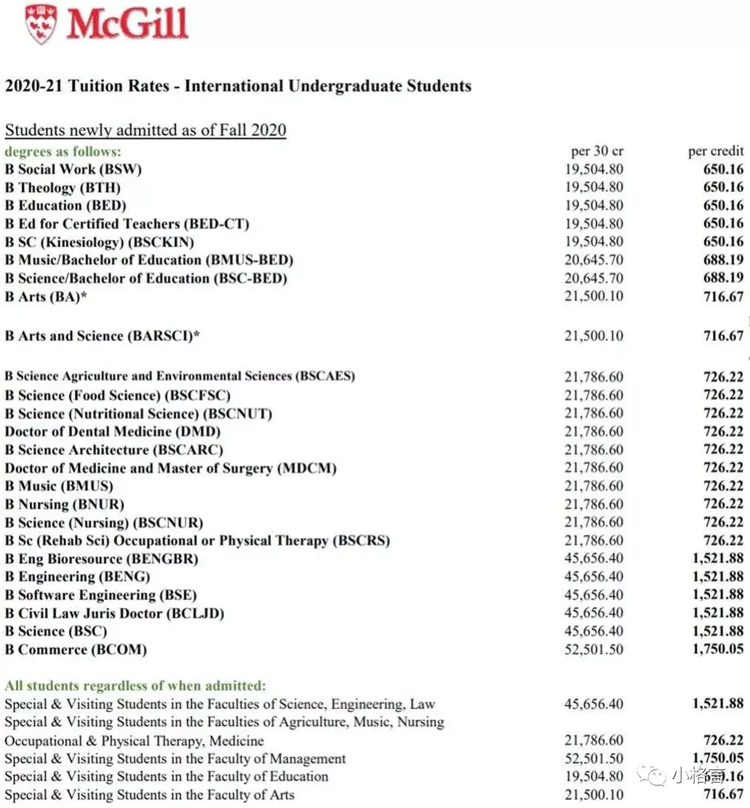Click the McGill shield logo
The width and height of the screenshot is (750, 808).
[40, 23]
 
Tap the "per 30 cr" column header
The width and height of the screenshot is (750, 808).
[597, 151]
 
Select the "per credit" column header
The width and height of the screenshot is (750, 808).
[716, 151]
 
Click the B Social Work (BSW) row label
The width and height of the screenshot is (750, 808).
[73, 169]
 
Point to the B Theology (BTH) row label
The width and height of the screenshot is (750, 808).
[63, 188]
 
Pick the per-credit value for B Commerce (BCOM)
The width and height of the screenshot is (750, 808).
[717, 649]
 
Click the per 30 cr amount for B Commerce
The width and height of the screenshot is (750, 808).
[594, 649]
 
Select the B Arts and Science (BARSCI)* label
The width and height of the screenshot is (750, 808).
[103, 336]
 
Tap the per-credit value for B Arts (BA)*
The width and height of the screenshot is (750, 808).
[723, 297]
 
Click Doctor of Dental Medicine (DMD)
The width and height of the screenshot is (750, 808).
[113, 431]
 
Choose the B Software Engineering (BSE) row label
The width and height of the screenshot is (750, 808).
[101, 595]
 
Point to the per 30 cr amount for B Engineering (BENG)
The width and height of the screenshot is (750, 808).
[594, 577]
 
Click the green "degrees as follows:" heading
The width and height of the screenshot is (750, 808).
[63, 151]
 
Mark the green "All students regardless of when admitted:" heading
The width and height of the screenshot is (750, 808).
[135, 685]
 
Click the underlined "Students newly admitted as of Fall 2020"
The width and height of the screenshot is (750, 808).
[145, 131]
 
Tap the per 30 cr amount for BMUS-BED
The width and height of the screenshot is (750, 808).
[594, 260]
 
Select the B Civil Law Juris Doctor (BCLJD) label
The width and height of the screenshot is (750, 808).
[114, 613]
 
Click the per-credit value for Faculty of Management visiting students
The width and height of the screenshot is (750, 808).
[717, 759]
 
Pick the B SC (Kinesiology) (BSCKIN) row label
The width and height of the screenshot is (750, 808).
[100, 242]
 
